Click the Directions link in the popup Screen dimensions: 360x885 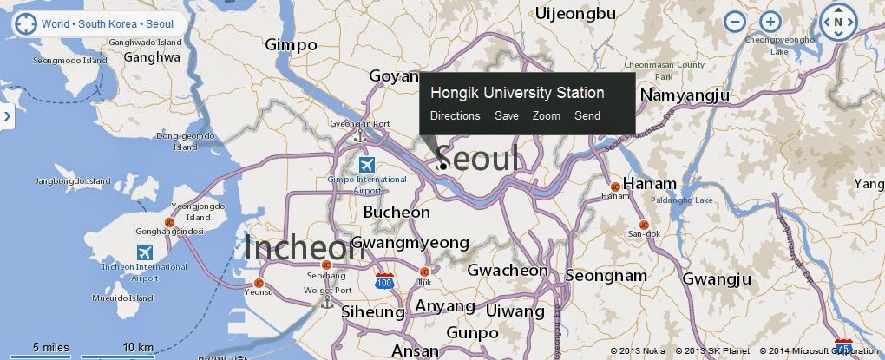click(455, 115)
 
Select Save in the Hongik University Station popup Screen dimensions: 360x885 click(507, 115)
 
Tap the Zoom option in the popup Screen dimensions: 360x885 click(547, 115)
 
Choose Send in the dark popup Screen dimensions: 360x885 click(587, 115)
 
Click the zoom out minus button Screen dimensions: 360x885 click(735, 23)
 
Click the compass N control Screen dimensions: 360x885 click(838, 23)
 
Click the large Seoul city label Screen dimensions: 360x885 click(479, 158)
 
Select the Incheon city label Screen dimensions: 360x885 click(304, 248)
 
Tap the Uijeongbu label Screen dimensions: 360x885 click(576, 13)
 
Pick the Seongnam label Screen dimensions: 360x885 click(606, 276)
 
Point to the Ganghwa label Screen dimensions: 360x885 click(152, 57)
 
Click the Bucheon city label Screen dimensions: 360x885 click(397, 212)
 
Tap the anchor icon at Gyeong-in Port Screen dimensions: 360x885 click(364, 135)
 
